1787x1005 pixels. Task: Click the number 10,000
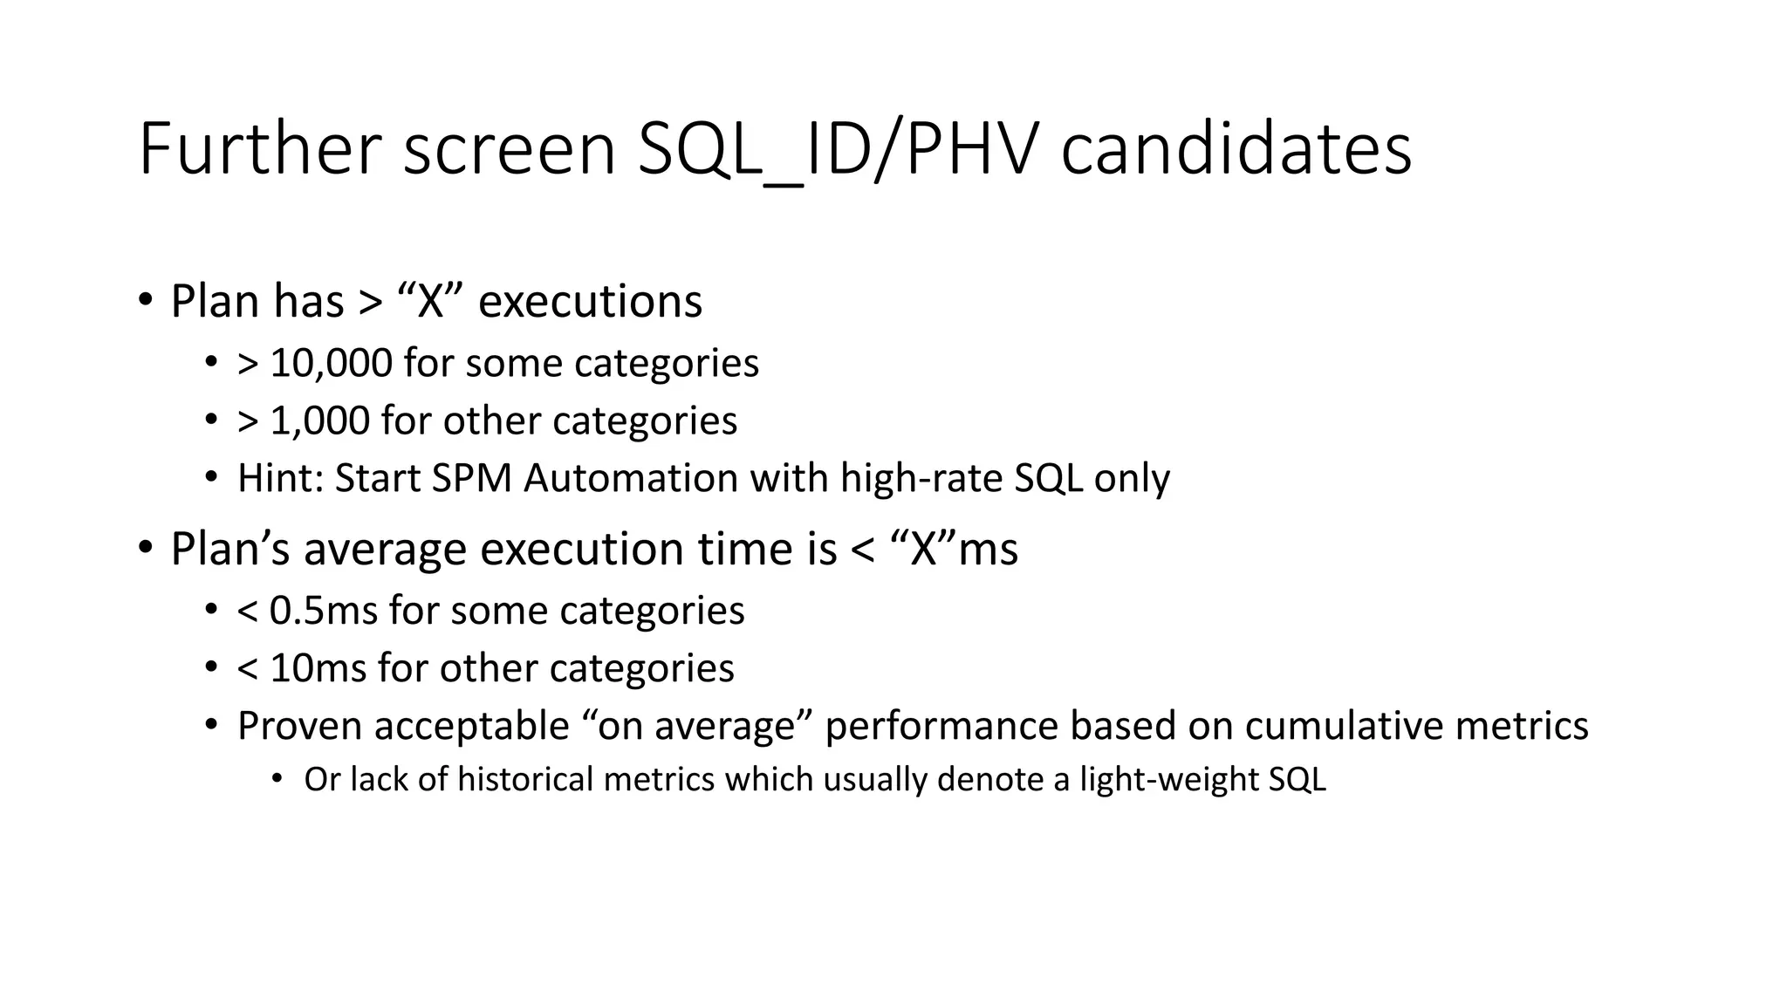(331, 363)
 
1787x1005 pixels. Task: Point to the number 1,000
(319, 420)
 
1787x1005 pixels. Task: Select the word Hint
(279, 478)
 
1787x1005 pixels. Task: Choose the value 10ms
(318, 668)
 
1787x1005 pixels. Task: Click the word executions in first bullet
(590, 301)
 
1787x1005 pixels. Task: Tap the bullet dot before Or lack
(278, 778)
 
